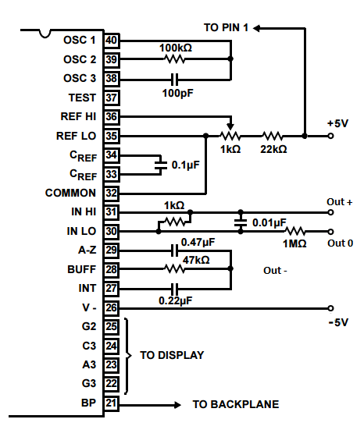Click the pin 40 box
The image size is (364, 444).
112,41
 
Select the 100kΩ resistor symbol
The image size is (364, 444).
175,59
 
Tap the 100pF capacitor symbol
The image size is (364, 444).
175,80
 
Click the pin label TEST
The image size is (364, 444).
82,98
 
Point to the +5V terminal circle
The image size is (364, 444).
330,136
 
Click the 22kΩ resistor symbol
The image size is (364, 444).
272,137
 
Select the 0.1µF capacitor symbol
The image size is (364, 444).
161,165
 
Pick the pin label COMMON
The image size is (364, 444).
70,193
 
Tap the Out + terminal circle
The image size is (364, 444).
330,212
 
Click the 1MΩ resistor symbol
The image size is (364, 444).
294,231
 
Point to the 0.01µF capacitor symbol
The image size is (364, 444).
241,222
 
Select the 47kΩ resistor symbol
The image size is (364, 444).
175,268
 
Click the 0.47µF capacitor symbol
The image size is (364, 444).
175,250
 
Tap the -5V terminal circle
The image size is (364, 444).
330,308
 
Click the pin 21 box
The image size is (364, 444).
112,403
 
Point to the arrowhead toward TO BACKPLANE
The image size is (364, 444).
177,405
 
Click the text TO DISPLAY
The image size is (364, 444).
172,355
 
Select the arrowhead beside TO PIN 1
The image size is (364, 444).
256,28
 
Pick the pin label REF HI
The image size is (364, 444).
79,116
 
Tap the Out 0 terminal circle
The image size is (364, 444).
330,232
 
